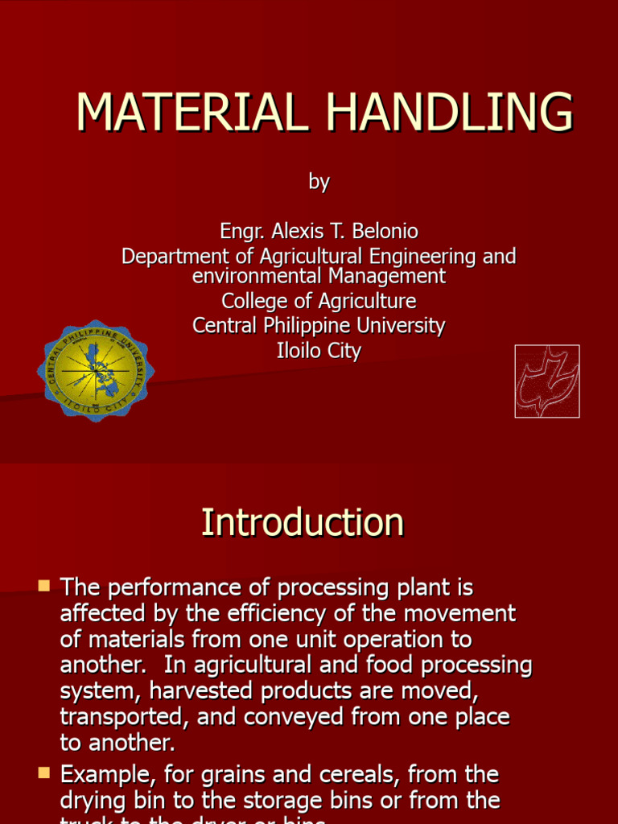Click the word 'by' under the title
tap(319, 182)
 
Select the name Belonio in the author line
tap(387, 232)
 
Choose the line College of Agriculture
tap(319, 301)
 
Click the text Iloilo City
tap(319, 351)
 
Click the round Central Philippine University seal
tap(96, 371)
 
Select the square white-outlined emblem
tap(547, 381)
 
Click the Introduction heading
tap(303, 522)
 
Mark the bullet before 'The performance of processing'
tap(44, 584)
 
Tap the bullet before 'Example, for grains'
tap(44, 773)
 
